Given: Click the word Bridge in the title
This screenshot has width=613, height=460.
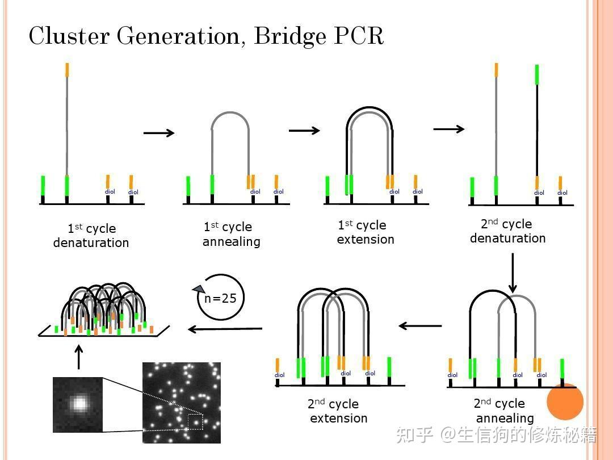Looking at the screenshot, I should tap(291, 36).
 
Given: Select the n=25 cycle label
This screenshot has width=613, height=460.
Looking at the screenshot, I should tap(220, 298).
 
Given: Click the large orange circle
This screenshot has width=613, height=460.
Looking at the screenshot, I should tap(565, 402).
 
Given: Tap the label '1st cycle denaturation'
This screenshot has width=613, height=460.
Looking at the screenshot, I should tap(91, 236).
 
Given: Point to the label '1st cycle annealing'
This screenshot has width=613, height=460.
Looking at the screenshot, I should tap(232, 234).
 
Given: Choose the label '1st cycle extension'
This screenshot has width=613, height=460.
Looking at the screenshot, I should tap(365, 232).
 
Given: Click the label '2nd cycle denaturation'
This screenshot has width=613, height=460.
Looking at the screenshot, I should tap(507, 231).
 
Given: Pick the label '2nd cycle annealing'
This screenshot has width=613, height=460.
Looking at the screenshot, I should tap(504, 411).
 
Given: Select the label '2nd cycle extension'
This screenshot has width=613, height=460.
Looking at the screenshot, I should tap(338, 411).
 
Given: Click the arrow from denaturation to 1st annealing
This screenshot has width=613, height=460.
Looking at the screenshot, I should tap(159, 133).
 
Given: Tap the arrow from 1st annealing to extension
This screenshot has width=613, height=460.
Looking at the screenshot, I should tap(304, 131).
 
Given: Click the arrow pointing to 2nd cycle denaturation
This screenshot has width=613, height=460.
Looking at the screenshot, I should tap(449, 129).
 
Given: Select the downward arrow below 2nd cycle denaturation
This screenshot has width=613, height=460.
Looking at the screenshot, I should tap(513, 273).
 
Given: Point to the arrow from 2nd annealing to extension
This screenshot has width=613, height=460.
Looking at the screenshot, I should tap(420, 326).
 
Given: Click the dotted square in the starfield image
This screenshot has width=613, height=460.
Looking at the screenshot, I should tap(195, 422).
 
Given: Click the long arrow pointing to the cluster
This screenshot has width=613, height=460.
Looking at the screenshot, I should tap(225, 328).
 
